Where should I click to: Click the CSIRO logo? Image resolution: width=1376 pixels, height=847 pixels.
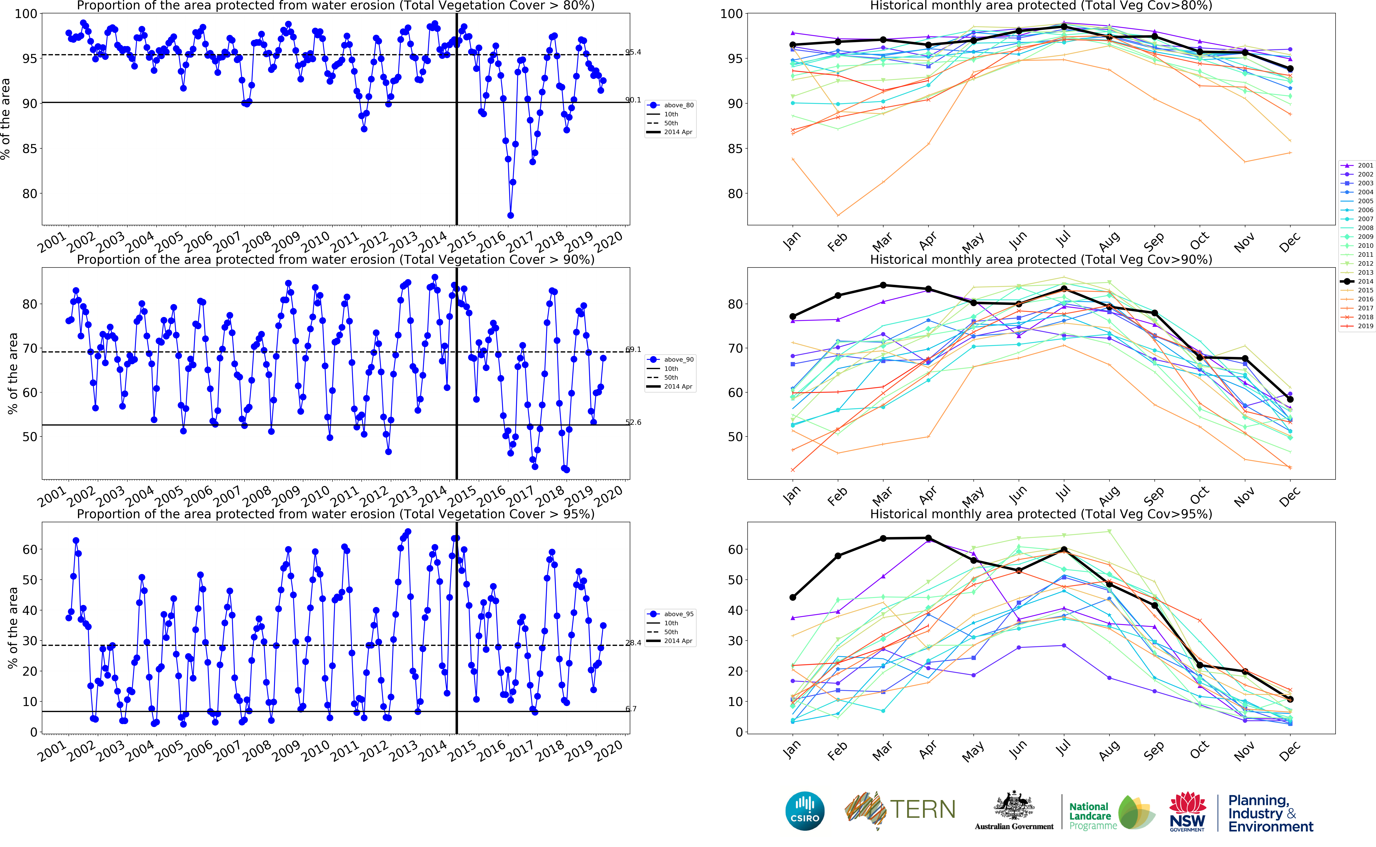click(805, 811)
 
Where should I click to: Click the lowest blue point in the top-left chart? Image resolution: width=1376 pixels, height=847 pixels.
click(510, 215)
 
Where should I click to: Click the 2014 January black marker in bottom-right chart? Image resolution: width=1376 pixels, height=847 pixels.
click(793, 597)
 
